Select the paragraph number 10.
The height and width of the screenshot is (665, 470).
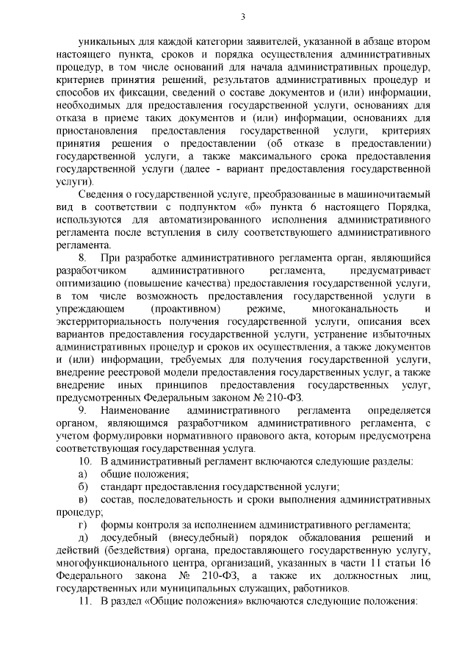pyautogui.click(x=85, y=461)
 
